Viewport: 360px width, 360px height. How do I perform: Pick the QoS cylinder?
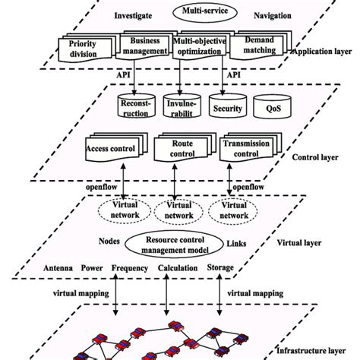272,107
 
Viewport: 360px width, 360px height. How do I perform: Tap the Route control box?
178,147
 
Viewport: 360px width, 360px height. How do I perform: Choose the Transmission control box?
245,147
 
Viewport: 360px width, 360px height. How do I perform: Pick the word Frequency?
129,268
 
